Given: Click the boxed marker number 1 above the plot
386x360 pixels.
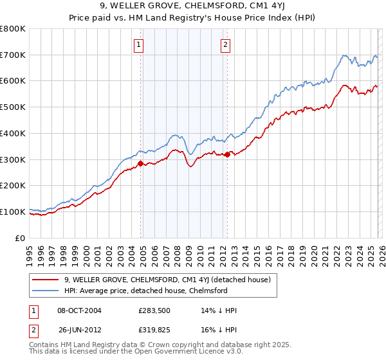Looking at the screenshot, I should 140,44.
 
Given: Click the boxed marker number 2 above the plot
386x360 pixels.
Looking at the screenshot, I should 226,44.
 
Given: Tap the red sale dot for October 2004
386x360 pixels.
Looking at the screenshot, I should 140,163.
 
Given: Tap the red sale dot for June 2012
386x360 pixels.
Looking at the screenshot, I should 227,154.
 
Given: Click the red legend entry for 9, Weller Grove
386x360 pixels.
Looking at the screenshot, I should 167,280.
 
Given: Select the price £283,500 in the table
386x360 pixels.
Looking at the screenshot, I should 155,310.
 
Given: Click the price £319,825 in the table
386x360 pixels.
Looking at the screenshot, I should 155,330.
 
